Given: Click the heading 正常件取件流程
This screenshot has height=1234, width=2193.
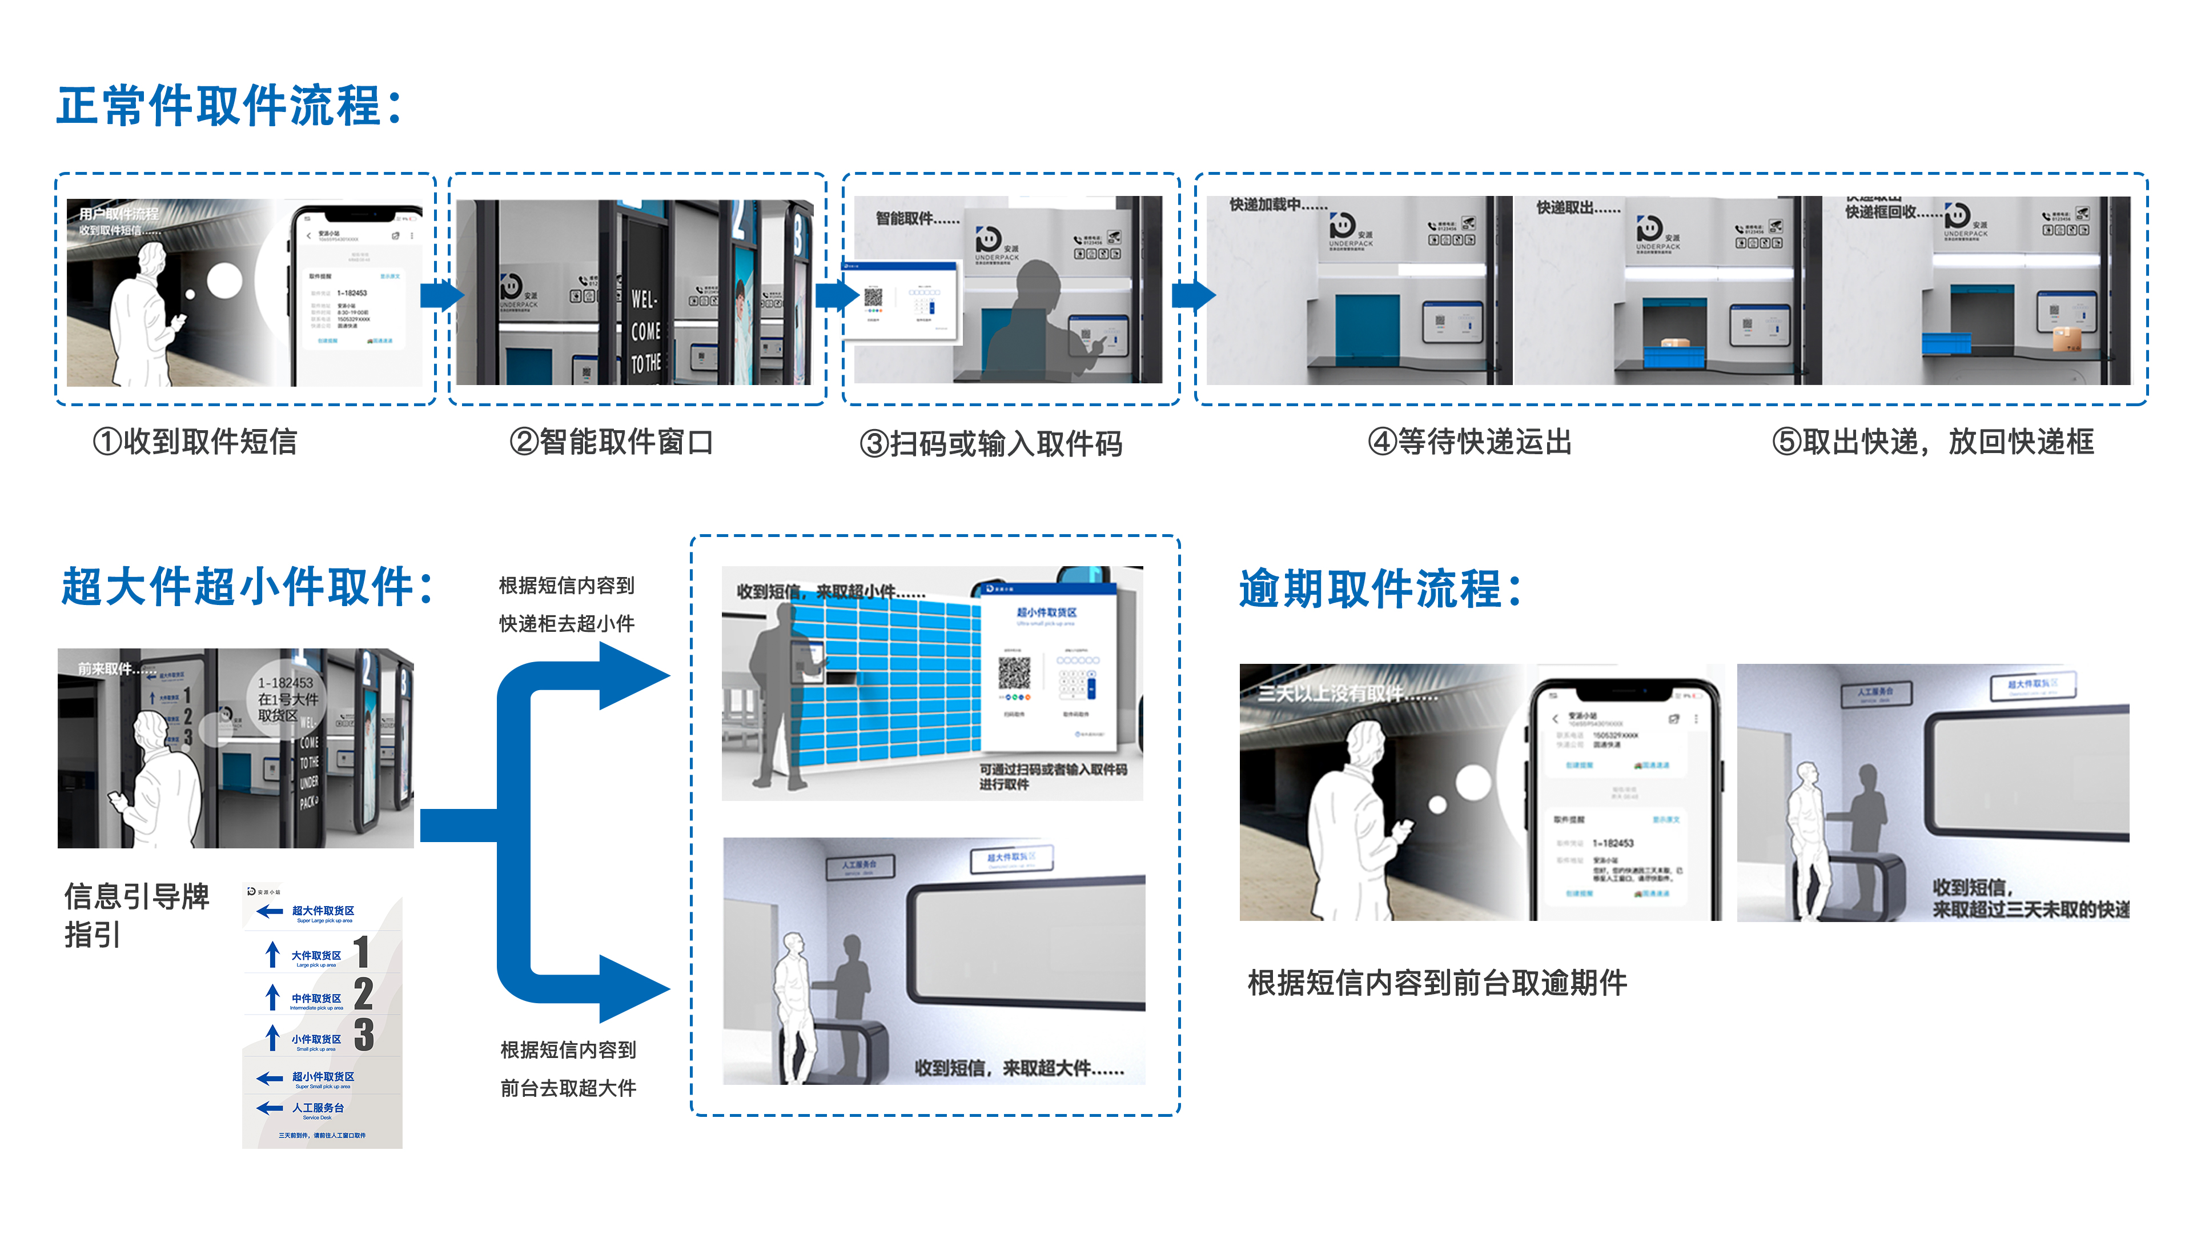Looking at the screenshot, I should click(x=228, y=106).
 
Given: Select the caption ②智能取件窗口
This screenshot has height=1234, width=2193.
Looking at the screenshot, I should click(x=610, y=442).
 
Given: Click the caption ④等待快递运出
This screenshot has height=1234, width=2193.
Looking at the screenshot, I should click(x=1469, y=442).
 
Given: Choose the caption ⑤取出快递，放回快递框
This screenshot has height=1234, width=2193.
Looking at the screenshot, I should click(x=1933, y=442).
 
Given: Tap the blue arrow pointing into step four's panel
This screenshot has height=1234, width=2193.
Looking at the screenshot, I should click(x=1194, y=295).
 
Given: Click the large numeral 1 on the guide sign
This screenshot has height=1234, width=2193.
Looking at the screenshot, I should click(x=362, y=952).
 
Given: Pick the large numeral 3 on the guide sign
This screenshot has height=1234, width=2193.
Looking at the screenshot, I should click(x=364, y=1035).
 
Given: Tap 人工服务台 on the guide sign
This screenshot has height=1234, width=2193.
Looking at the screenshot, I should click(x=318, y=1108).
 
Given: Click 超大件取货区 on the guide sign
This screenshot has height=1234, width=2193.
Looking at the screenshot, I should click(x=323, y=911).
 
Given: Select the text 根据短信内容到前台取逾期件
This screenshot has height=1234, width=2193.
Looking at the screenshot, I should click(x=1437, y=983).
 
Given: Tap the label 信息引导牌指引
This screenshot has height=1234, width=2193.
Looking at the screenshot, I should click(x=136, y=915).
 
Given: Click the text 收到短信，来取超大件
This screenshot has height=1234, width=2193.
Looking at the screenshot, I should click(x=1018, y=1068).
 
